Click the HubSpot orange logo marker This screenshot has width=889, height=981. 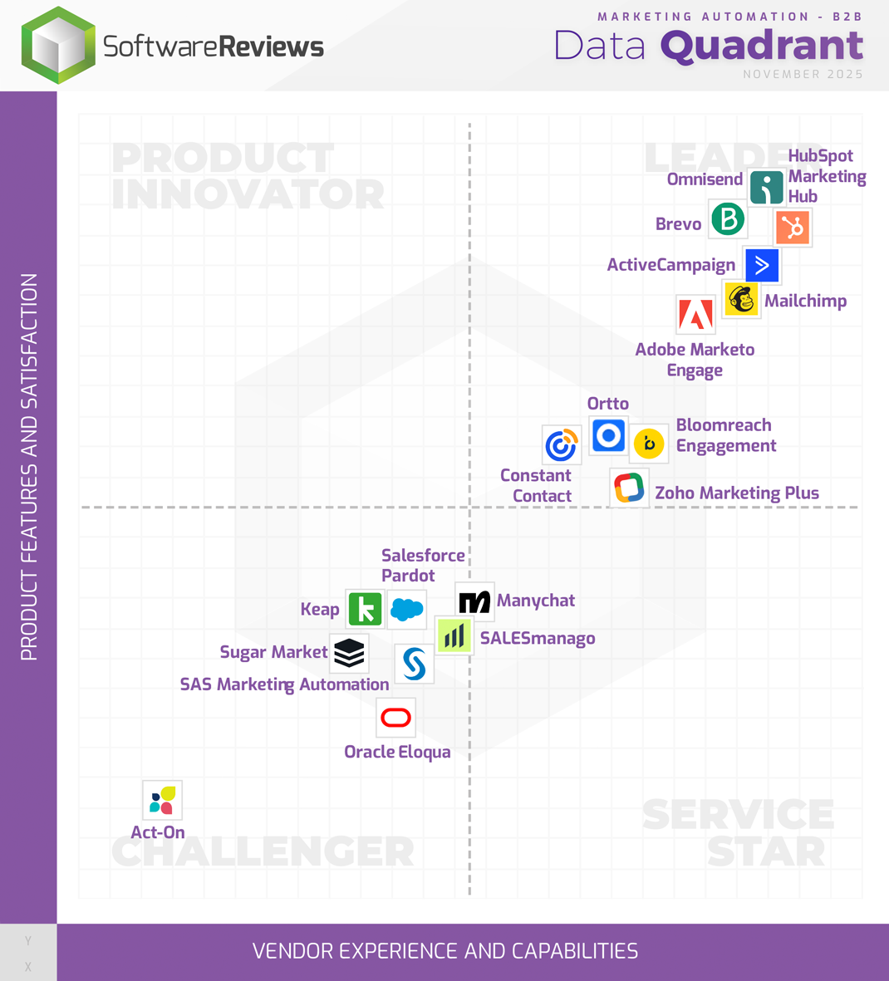[793, 228]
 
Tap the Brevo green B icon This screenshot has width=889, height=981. [728, 219]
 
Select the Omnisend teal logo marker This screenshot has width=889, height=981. [766, 187]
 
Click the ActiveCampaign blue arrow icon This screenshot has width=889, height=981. [762, 266]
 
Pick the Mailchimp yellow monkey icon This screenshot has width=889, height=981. [741, 299]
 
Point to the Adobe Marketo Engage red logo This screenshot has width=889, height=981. [695, 315]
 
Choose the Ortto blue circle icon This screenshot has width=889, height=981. [608, 435]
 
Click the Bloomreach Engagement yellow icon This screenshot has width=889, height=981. [649, 444]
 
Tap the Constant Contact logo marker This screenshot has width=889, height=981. [561, 444]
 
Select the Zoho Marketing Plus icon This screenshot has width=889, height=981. [629, 488]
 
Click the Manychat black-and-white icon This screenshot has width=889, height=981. [474, 601]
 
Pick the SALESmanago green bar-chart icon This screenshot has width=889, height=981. [454, 637]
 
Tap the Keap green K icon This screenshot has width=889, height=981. [365, 609]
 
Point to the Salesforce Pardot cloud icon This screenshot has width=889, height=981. [407, 609]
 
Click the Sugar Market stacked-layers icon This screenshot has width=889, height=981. [349, 653]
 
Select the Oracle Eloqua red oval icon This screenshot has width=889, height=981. [395, 718]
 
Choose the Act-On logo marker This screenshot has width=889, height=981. [162, 800]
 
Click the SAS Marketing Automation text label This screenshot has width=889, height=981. [284, 684]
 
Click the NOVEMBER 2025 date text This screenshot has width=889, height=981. [803, 75]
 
